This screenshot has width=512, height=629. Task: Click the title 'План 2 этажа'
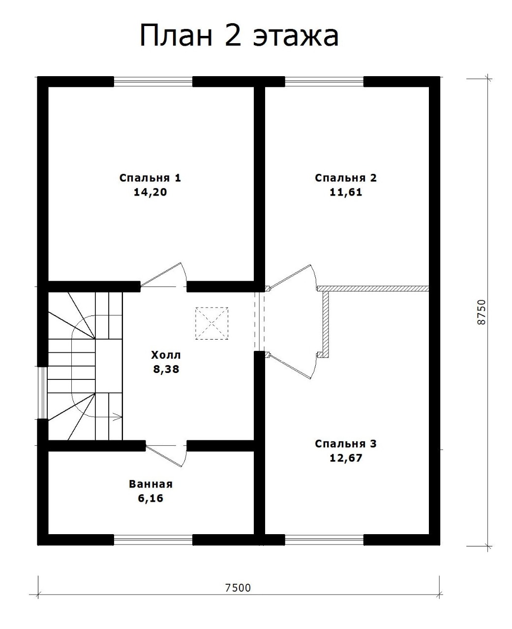click(x=239, y=36)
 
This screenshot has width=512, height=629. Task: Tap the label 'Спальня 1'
click(x=150, y=178)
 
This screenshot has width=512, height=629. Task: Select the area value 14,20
click(x=150, y=192)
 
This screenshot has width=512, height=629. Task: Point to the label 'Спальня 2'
click(x=346, y=178)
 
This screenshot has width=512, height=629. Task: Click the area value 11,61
click(x=346, y=192)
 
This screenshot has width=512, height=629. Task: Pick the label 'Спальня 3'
click(x=346, y=444)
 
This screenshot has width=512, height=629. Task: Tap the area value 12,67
click(x=346, y=458)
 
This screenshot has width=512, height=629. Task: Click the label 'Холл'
click(x=166, y=355)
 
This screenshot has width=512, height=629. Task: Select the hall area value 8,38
click(x=166, y=369)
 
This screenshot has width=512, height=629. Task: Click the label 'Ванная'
click(x=151, y=484)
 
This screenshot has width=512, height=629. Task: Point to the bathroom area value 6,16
click(x=151, y=498)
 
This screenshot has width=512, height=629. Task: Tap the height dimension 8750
click(x=482, y=312)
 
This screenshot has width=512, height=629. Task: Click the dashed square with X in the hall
click(x=211, y=323)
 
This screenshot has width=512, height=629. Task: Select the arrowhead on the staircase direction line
click(x=118, y=417)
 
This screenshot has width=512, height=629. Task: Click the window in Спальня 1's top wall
click(x=153, y=82)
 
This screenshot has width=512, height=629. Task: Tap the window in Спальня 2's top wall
click(x=324, y=82)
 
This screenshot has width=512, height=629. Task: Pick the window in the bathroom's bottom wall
click(x=153, y=540)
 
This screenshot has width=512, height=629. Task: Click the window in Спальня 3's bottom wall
click(x=324, y=540)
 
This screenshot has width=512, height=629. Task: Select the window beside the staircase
click(x=43, y=393)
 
